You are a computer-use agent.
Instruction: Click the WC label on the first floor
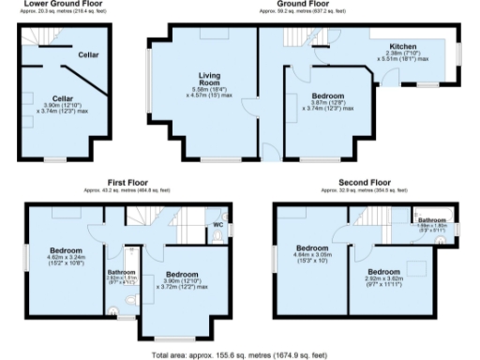click(x=217, y=225)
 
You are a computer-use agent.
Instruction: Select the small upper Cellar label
click(x=88, y=54)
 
